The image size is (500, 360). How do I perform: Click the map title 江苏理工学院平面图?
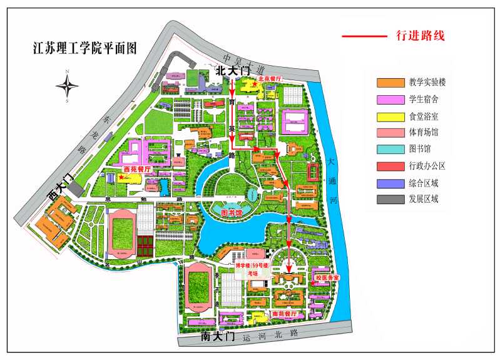(x=84, y=48)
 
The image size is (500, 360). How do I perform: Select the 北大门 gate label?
(x=232, y=72)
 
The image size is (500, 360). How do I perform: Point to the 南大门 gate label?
(x=217, y=336)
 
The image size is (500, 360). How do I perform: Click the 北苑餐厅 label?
(x=270, y=79)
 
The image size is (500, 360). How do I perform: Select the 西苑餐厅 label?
(x=138, y=169)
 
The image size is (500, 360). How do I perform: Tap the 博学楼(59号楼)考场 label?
(x=252, y=269)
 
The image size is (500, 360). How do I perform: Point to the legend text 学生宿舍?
(x=424, y=99)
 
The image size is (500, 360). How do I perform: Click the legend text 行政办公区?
(x=427, y=166)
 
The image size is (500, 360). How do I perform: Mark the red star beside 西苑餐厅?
(x=121, y=177)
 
